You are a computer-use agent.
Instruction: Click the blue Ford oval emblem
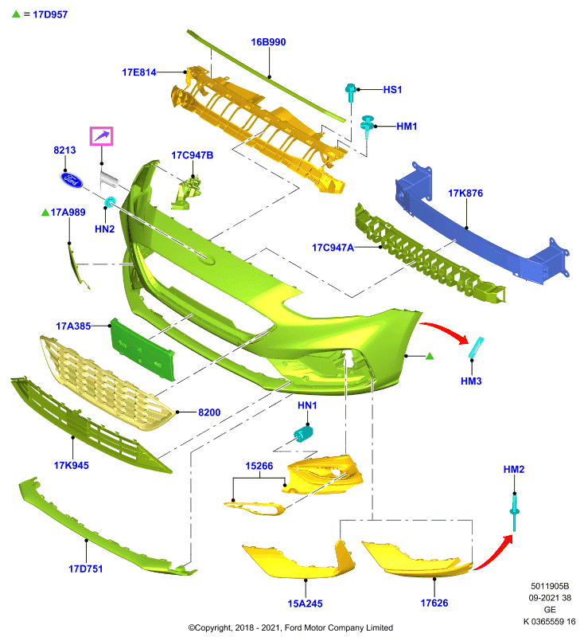pyautogui.click(x=72, y=180)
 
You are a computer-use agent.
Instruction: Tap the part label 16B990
pyautogui.click(x=268, y=42)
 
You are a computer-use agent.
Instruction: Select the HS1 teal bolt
pyautogui.click(x=351, y=92)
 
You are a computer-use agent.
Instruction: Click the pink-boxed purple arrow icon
pyautogui.click(x=102, y=136)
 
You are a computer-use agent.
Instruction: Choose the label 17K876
pyautogui.click(x=465, y=193)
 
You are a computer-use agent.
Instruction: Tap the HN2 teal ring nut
pyautogui.click(x=110, y=201)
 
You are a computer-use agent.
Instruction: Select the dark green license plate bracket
pyautogui.click(x=143, y=350)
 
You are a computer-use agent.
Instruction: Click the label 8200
pyautogui.click(x=209, y=412)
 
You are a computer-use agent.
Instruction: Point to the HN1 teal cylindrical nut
pyautogui.click(x=303, y=434)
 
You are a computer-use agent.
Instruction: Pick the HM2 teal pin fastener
pyautogui.click(x=515, y=512)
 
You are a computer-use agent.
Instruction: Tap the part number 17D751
pyautogui.click(x=86, y=569)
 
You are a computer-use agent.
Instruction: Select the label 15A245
pyautogui.click(x=306, y=604)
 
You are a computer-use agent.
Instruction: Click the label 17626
pyautogui.click(x=434, y=604)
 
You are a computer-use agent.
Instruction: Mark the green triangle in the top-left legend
pyautogui.click(x=16, y=14)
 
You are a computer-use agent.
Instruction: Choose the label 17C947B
pyautogui.click(x=192, y=155)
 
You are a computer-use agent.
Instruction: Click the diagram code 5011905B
pyautogui.click(x=550, y=586)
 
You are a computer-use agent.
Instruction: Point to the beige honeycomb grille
pyautogui.click(x=107, y=383)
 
